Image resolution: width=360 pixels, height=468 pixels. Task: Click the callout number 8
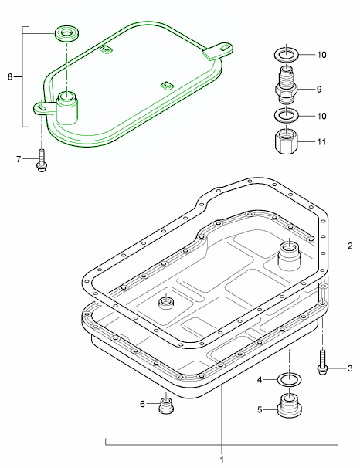(x=10, y=77)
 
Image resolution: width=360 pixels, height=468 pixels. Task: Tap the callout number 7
(x=19, y=159)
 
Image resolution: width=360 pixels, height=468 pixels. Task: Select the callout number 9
(x=319, y=90)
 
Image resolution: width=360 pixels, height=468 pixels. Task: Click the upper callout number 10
(x=321, y=55)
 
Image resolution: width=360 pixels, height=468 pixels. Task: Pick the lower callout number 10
(x=321, y=116)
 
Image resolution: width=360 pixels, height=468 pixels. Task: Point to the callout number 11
(x=321, y=141)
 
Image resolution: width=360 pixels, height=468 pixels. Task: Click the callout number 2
(x=350, y=246)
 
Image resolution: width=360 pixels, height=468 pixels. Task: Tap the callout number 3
(x=350, y=368)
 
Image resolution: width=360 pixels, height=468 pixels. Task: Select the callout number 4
(x=260, y=380)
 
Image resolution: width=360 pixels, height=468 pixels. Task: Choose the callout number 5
(x=260, y=410)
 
